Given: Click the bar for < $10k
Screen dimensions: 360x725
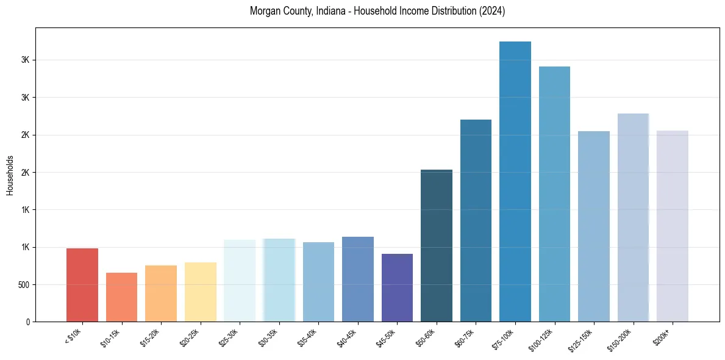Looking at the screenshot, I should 82,285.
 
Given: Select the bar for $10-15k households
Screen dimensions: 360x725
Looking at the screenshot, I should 121,297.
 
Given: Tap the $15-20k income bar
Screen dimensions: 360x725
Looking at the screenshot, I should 161,293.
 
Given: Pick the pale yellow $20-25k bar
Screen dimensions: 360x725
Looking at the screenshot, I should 201,292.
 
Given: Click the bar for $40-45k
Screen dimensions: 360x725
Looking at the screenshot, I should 358,279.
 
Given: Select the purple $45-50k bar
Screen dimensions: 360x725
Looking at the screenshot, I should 397,287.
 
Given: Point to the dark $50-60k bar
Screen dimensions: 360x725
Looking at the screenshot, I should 437,245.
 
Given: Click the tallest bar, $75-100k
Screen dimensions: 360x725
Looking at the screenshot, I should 515,181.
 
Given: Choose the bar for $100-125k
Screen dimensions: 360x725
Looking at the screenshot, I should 554,194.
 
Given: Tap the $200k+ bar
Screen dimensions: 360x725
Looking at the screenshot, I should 673,226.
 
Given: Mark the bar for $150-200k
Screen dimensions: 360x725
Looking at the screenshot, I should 633,217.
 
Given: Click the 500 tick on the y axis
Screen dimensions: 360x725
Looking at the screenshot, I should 22,284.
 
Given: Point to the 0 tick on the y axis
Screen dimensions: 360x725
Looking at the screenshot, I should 27,322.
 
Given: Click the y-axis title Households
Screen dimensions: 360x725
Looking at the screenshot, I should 10,175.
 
